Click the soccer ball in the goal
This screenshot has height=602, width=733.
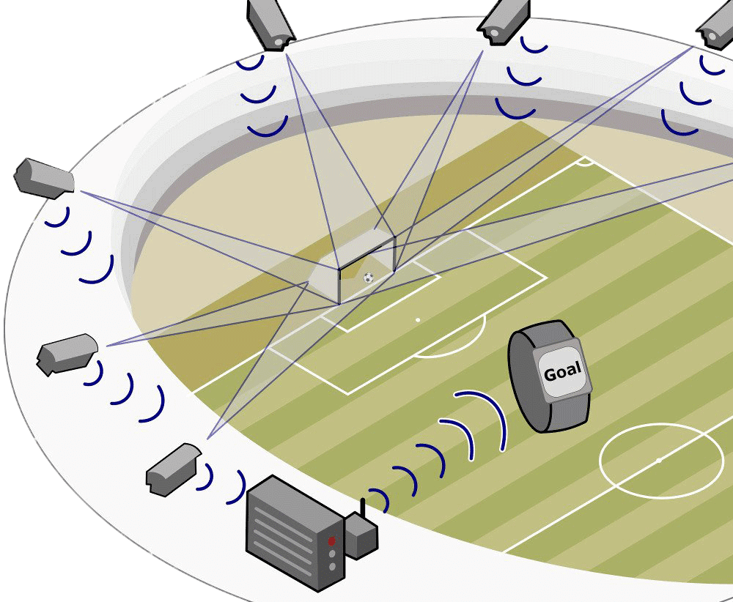click(368, 278)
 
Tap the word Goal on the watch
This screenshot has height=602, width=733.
click(562, 372)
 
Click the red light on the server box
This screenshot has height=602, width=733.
click(331, 541)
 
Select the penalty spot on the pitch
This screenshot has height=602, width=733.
click(418, 320)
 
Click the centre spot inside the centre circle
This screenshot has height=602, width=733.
click(658, 460)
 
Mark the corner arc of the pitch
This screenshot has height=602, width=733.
click(584, 161)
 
